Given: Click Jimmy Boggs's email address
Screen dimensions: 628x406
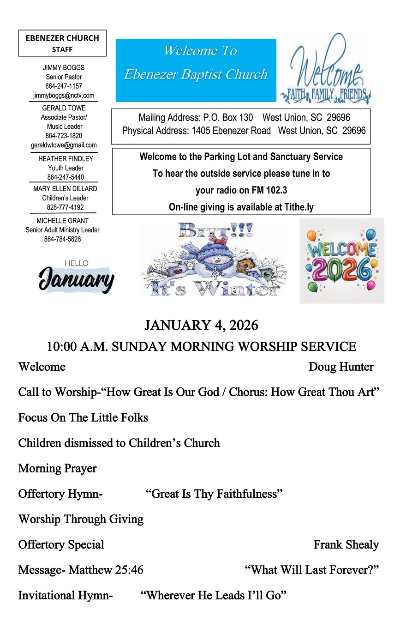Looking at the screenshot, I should [x=64, y=96].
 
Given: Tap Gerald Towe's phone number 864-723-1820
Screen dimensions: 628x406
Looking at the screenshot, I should [x=64, y=136].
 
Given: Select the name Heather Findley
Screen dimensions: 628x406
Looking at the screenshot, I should [x=66, y=159].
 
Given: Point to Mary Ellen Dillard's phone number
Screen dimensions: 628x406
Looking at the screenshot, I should [x=65, y=207].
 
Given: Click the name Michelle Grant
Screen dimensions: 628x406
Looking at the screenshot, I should [x=63, y=221].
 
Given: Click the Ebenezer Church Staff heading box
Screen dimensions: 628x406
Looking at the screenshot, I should [x=62, y=43].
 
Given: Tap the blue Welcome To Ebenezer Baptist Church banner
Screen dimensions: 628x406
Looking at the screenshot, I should [x=196, y=70].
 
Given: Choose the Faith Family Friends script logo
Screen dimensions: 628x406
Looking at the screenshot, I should [x=325, y=69].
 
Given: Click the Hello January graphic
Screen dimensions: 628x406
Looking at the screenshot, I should [x=76, y=277].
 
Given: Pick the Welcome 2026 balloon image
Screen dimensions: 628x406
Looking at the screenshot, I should [x=342, y=261].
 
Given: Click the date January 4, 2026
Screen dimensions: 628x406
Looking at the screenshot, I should [x=201, y=326].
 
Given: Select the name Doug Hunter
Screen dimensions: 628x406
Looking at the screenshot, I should [x=341, y=367].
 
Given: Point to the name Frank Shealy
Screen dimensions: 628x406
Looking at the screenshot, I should [x=346, y=545].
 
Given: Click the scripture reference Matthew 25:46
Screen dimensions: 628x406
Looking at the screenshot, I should [x=106, y=570].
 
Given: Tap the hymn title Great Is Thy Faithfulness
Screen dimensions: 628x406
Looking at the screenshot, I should [x=214, y=494].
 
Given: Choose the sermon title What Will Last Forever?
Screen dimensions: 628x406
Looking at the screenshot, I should [x=312, y=570].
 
